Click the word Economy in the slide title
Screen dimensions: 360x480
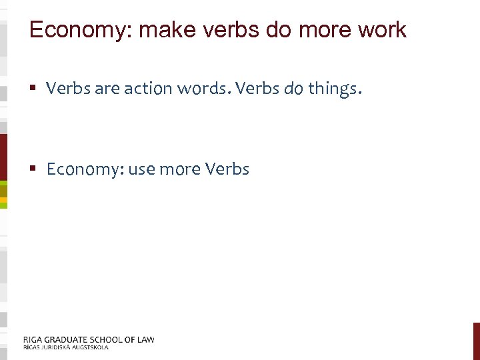coord(73,30)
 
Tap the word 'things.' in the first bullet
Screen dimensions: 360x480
coord(335,88)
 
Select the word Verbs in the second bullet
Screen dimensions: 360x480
coord(227,169)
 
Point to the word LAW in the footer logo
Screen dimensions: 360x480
coord(145,339)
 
